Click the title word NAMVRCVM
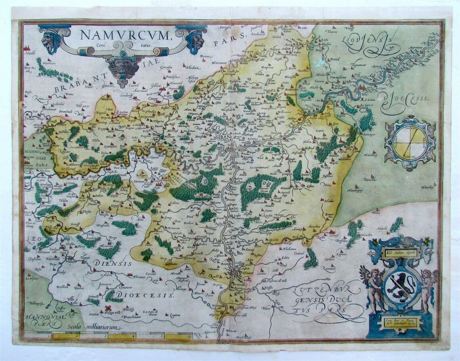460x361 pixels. click(x=124, y=34)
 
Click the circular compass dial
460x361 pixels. click(x=409, y=143)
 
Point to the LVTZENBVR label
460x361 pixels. click(x=321, y=289)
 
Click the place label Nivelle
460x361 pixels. click(x=30, y=53)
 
